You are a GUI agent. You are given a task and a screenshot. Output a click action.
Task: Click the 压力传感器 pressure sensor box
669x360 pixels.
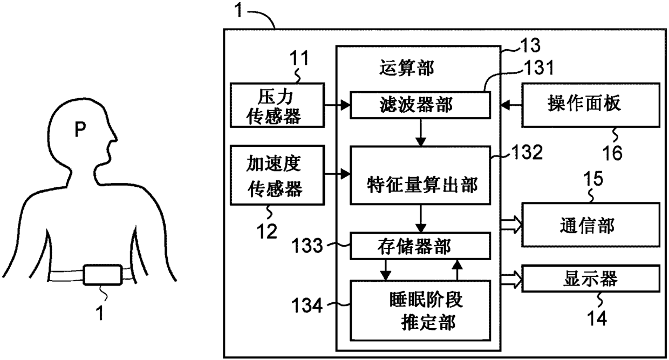pos(277,105)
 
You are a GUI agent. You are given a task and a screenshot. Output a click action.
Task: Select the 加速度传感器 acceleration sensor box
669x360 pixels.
pos(277,175)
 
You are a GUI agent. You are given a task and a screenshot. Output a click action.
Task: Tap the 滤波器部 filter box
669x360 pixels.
pos(420,105)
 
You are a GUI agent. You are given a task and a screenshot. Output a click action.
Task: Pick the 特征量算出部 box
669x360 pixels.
pos(420,175)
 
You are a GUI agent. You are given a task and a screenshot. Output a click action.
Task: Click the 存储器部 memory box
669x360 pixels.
pos(420,246)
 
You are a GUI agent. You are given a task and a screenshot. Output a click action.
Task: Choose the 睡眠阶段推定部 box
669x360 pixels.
pos(420,310)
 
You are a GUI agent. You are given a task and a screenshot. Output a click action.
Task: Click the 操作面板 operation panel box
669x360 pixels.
pos(591,105)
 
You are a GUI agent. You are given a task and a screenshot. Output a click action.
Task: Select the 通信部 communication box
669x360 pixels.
pos(591,225)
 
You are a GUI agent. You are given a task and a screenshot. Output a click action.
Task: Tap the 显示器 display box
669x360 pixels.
pos(591,278)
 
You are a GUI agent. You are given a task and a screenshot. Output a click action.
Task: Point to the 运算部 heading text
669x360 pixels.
pos(406,68)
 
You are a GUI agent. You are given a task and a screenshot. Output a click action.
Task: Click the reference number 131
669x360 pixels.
pos(539,67)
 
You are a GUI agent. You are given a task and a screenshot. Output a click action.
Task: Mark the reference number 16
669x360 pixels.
pos(612,153)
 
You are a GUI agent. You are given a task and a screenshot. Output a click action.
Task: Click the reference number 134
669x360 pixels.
pos(307,305)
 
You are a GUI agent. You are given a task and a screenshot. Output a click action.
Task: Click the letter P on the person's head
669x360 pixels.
pos(80,129)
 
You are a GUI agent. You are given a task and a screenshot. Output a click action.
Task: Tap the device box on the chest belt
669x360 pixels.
pos(103,275)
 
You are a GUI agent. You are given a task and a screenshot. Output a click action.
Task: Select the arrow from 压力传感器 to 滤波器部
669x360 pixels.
pos(337,105)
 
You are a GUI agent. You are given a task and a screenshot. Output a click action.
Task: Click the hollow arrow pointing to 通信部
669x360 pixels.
pos(511,225)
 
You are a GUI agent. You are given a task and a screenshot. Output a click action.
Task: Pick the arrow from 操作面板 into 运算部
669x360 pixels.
pos(511,105)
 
